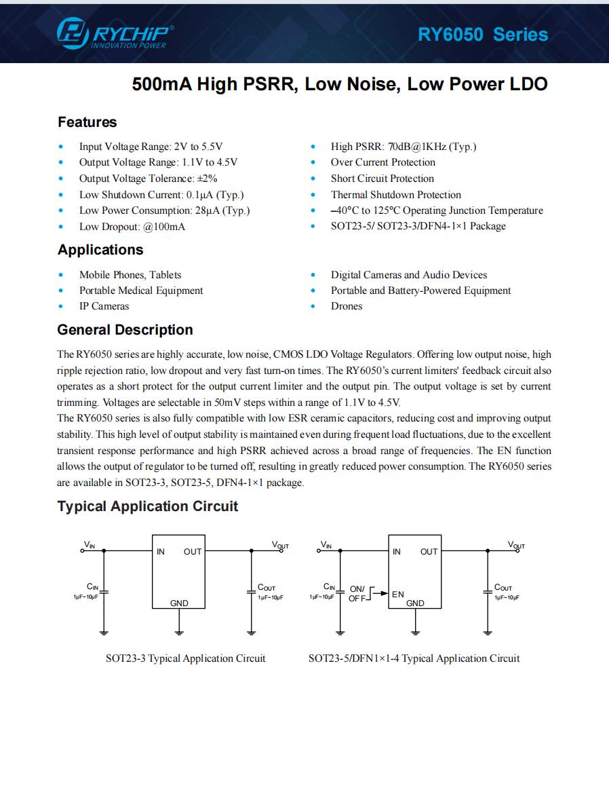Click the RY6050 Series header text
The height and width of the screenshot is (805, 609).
click(x=482, y=35)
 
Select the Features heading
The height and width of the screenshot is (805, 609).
click(x=87, y=122)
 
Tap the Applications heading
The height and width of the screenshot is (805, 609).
click(x=100, y=250)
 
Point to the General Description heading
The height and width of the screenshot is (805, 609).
click(x=125, y=330)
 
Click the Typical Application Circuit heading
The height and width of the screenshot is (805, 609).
click(x=147, y=506)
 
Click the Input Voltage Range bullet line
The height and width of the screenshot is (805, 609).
click(x=151, y=147)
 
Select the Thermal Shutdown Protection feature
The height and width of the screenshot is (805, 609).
click(x=395, y=195)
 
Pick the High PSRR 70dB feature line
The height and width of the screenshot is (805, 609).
click(x=403, y=147)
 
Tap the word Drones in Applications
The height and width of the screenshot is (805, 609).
click(x=347, y=306)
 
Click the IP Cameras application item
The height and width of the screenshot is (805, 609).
click(x=104, y=306)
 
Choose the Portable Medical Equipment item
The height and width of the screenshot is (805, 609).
click(x=141, y=291)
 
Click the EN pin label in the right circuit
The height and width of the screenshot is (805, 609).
click(x=398, y=595)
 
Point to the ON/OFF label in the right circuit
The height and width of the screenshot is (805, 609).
click(x=357, y=593)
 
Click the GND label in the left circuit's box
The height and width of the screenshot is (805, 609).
click(x=179, y=603)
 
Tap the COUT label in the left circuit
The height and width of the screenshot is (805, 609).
click(x=267, y=588)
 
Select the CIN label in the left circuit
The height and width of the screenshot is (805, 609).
click(x=92, y=586)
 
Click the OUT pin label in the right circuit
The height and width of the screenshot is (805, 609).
click(x=429, y=552)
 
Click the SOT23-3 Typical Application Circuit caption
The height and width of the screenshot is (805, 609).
click(x=185, y=658)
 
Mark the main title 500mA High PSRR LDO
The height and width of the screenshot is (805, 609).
click(x=339, y=84)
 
